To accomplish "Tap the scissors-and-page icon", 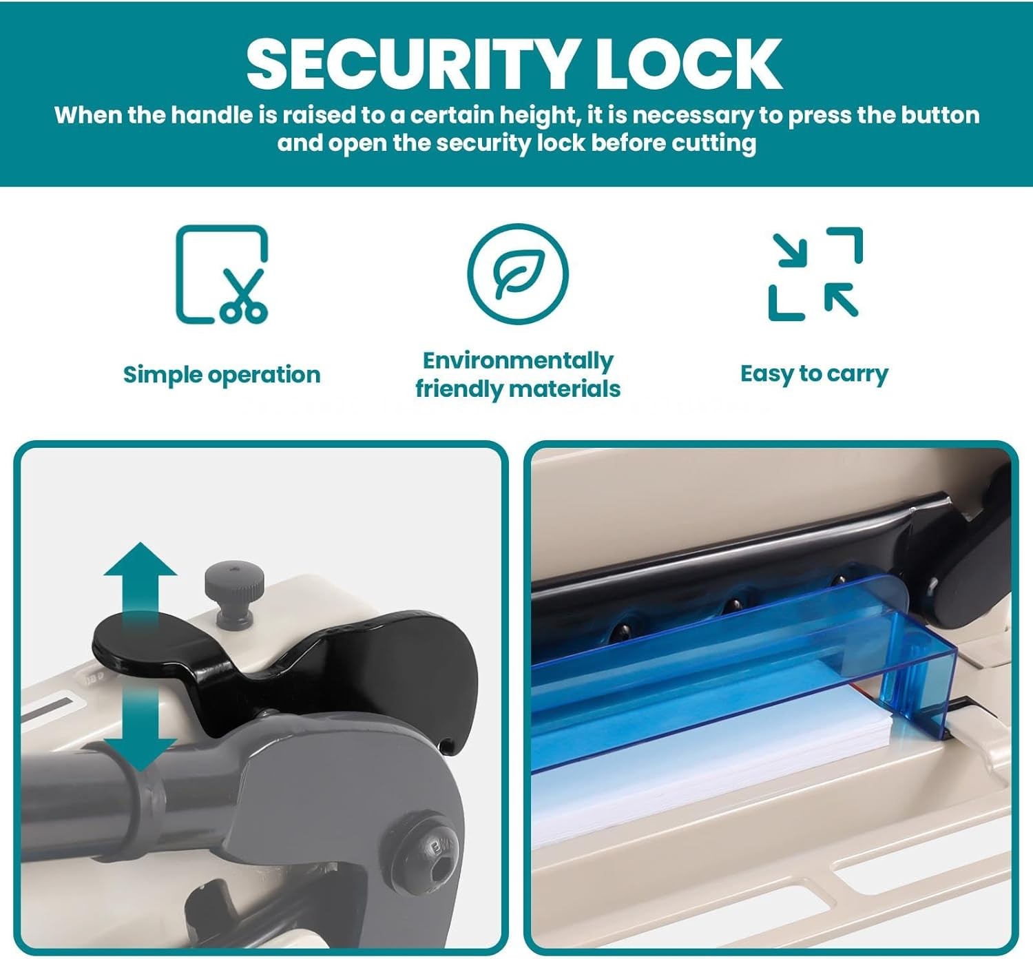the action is [222, 274].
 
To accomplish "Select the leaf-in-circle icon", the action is [518, 274].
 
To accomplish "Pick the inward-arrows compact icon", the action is [815, 274].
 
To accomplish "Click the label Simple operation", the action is [222, 375].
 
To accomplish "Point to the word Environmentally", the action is [518, 360].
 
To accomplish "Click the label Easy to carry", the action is [814, 374].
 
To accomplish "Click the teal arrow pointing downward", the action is [140, 726].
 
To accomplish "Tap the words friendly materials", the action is [518, 389].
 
